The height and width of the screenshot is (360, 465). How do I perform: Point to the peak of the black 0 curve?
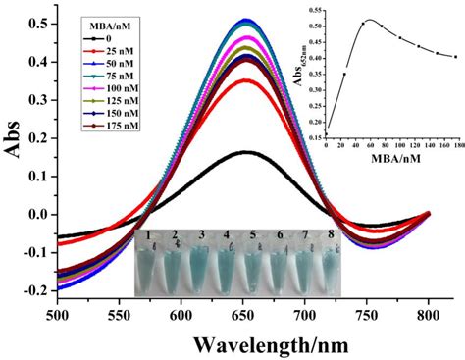(246, 152)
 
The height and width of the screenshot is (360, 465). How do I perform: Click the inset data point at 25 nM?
(344, 74)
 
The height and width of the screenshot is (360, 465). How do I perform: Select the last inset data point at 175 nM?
(454, 57)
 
